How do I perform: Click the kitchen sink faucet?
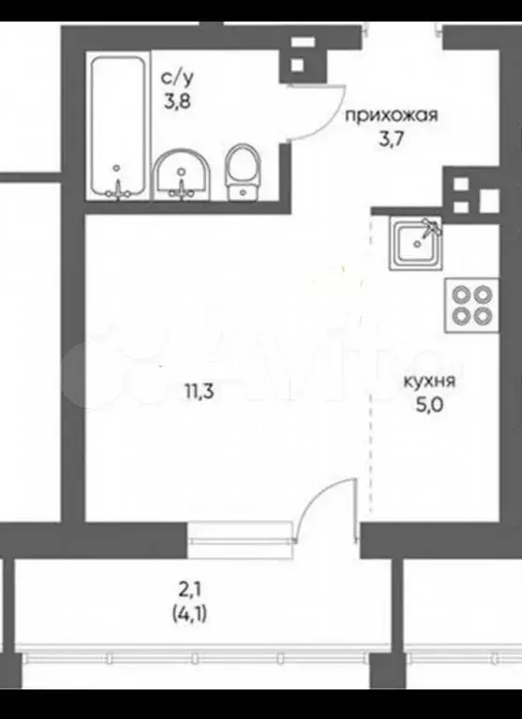[431, 225]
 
